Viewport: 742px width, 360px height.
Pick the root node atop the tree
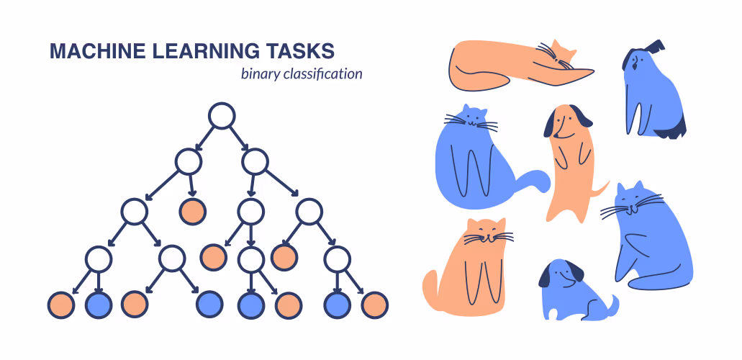[x=222, y=116]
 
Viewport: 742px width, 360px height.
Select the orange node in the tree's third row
[x=193, y=211]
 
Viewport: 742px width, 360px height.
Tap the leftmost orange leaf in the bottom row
[x=61, y=305]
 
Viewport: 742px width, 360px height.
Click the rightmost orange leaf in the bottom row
[x=375, y=305]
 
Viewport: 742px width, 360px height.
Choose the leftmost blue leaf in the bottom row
[x=99, y=305]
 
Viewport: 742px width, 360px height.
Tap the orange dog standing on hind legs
[x=569, y=163]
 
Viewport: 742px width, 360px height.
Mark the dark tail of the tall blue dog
[x=672, y=130]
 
